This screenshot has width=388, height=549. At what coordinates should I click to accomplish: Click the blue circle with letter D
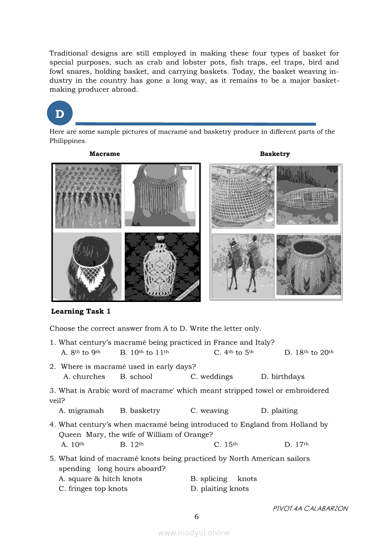60,114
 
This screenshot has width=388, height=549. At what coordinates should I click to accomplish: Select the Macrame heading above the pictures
104,154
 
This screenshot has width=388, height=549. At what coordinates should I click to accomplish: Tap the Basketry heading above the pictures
275,154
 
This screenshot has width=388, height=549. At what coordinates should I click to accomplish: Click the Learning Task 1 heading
81,311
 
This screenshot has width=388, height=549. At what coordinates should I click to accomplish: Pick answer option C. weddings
211,377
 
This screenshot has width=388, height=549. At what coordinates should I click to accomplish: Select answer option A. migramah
81,410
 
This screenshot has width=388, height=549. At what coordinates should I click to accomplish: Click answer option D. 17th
296,444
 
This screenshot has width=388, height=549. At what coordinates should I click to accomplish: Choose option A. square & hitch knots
101,479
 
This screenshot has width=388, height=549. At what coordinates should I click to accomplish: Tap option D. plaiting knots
219,489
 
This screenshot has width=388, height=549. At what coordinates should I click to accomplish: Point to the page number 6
196,517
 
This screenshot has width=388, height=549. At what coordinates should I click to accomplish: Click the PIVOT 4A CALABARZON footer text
310,508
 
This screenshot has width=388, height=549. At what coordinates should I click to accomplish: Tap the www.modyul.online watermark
194,533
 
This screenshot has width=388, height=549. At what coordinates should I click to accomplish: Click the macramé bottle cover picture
162,267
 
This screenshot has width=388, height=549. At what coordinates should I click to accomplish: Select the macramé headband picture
87,267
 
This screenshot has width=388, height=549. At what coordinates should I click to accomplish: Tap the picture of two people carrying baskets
242,265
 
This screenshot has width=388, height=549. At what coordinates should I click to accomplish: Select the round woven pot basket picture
308,265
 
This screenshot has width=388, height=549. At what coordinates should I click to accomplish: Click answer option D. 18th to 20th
309,353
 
